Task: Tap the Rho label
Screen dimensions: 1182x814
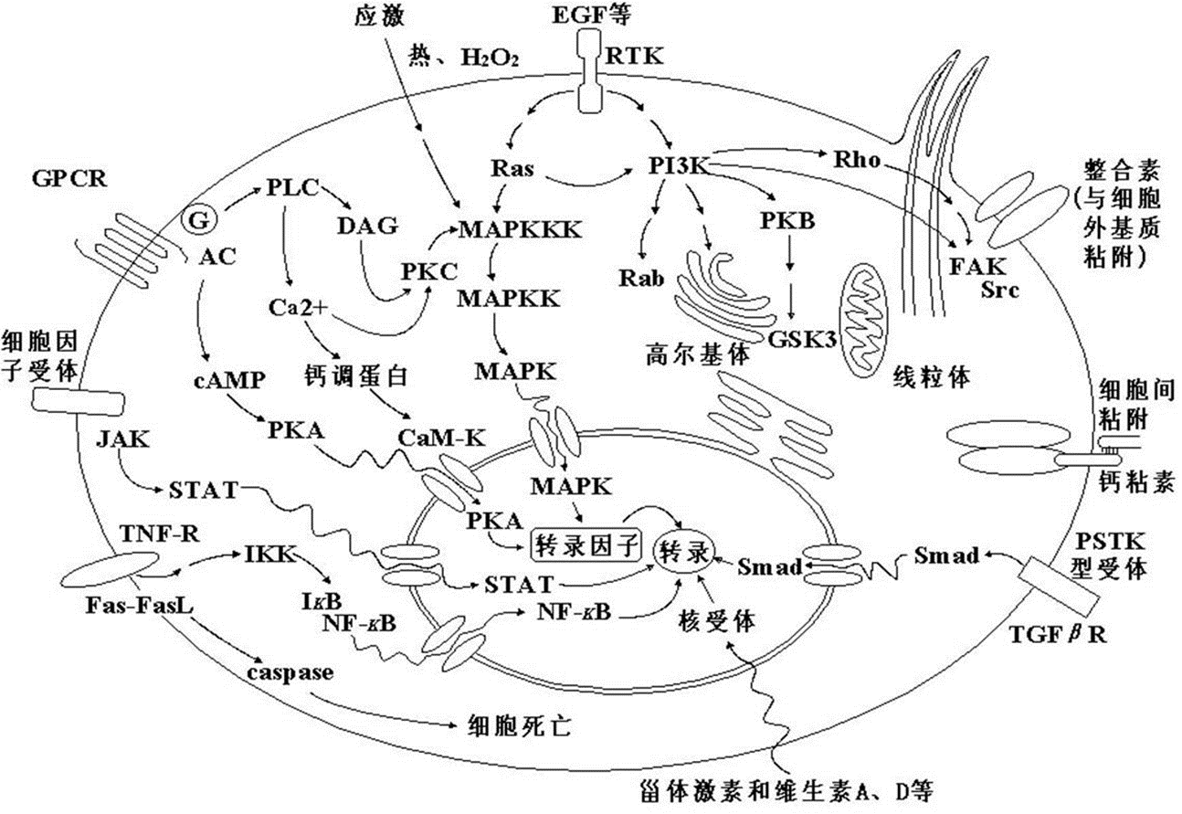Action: [858, 160]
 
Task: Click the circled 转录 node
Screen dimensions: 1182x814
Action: [682, 547]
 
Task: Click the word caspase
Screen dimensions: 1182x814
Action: [290, 672]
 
